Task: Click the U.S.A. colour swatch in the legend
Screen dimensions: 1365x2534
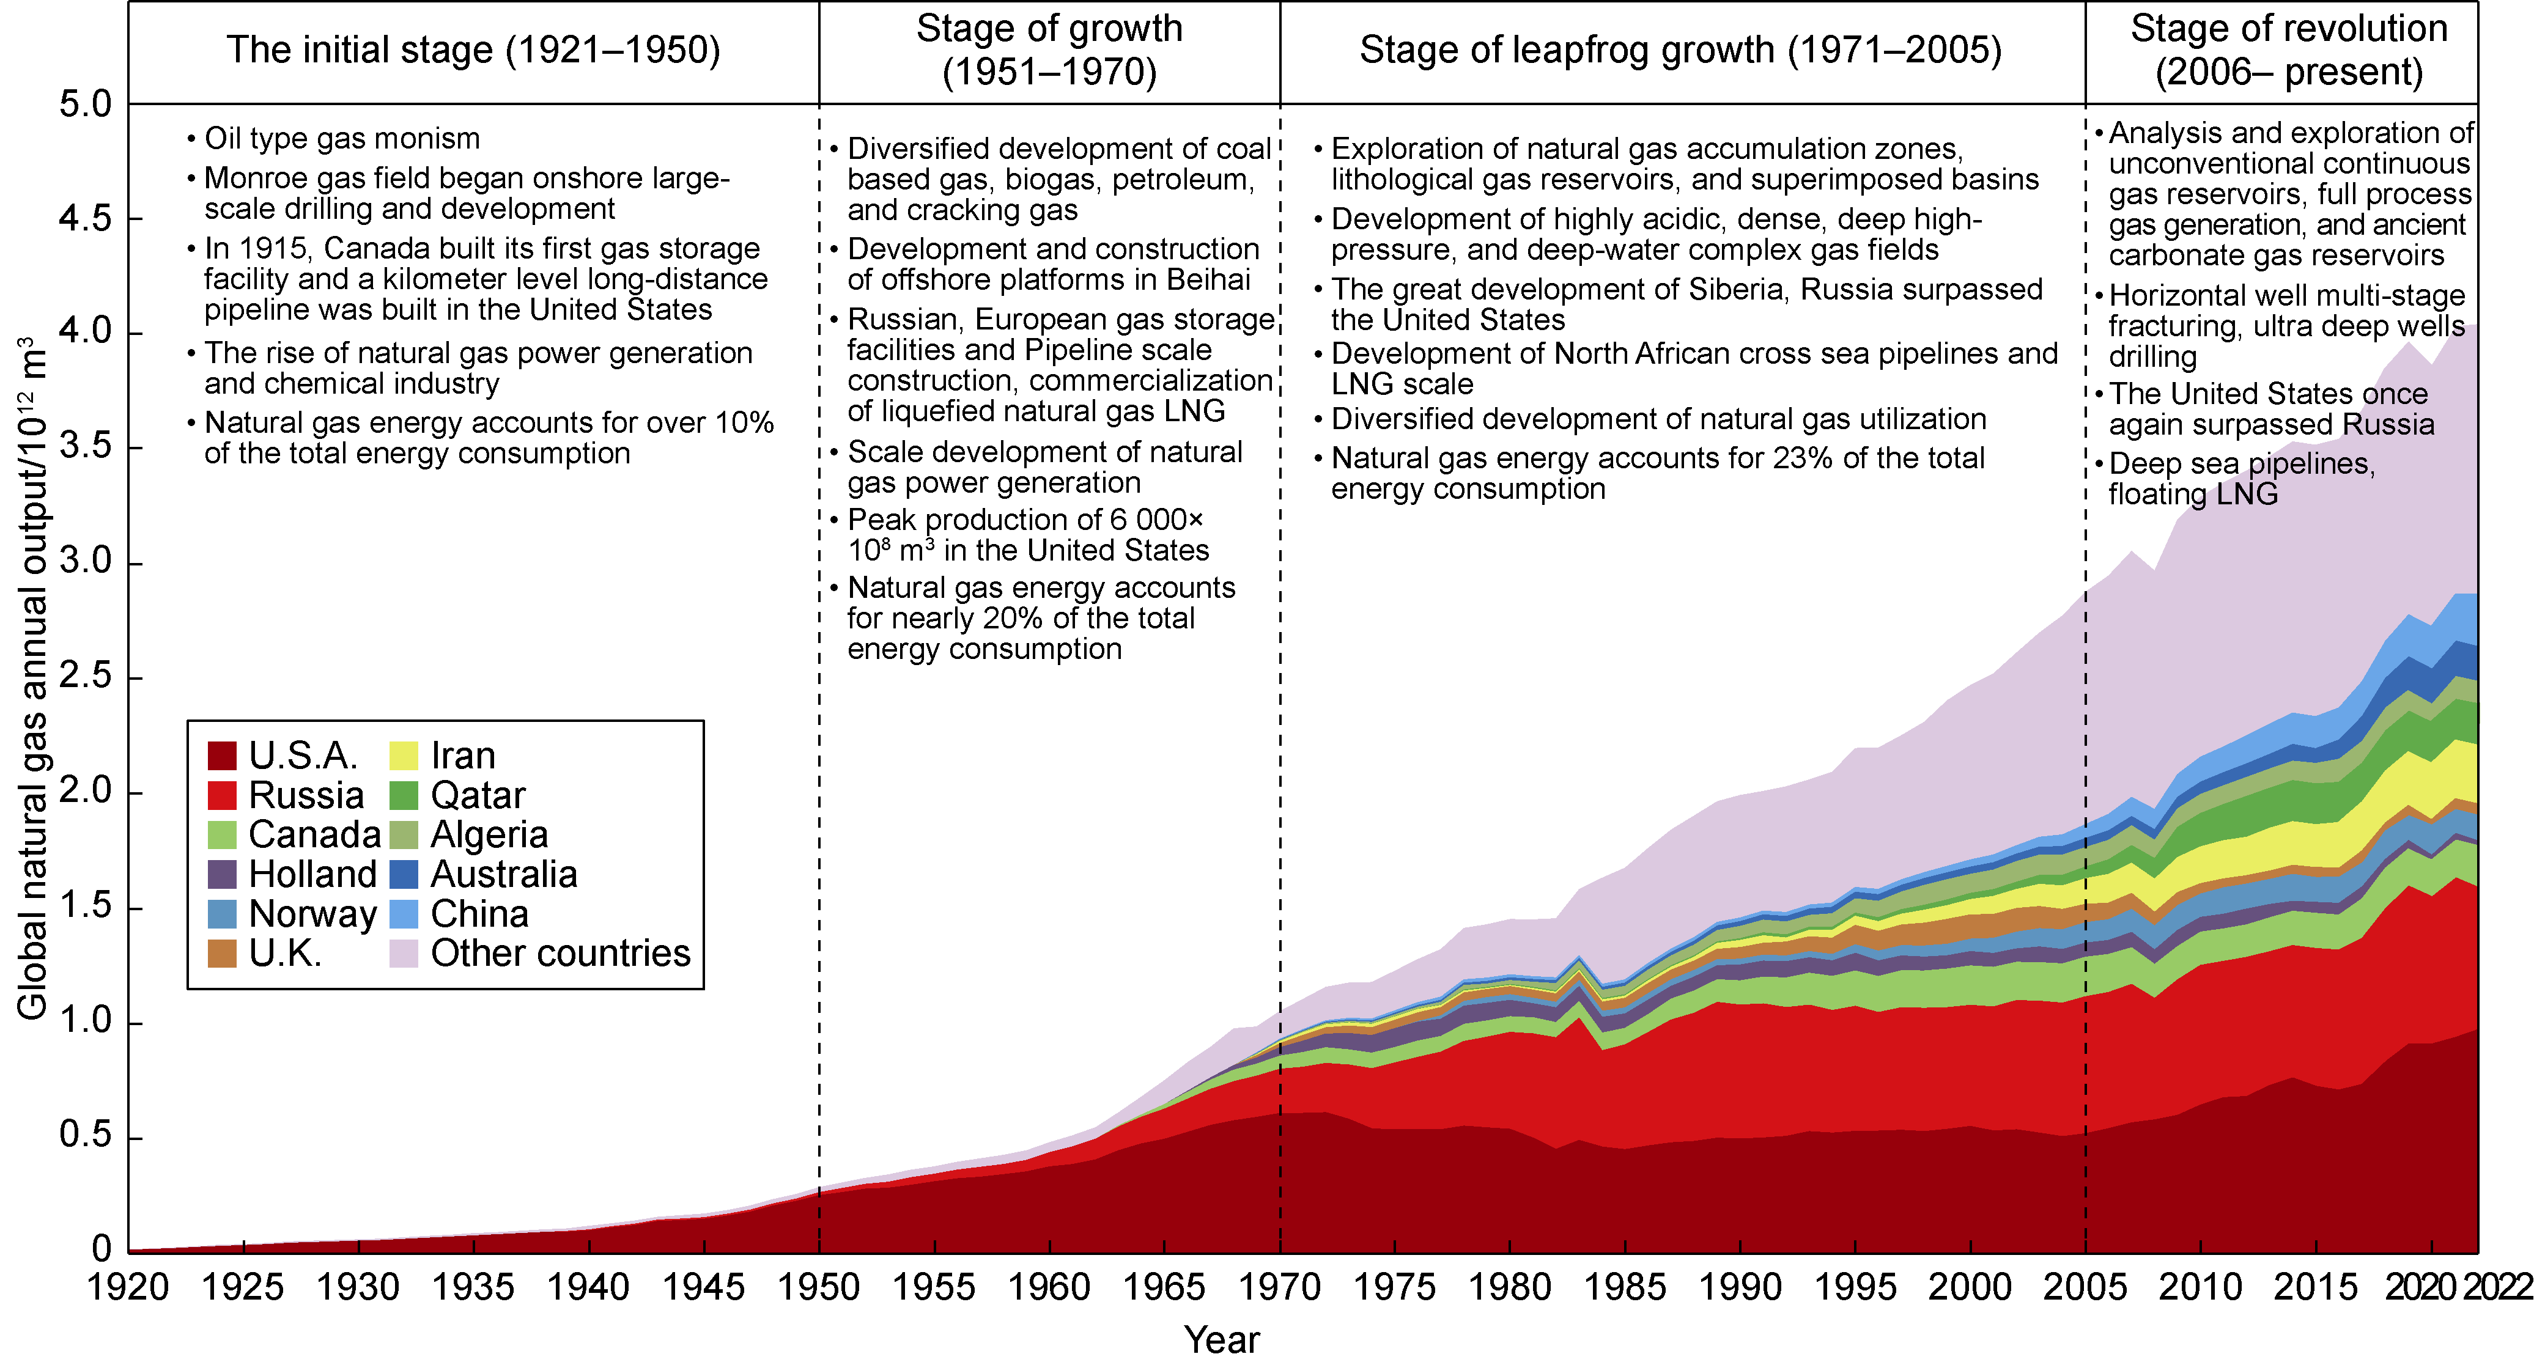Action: coord(223,756)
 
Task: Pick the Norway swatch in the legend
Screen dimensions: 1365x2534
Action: coord(223,914)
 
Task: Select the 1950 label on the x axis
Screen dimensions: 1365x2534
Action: coord(818,1287)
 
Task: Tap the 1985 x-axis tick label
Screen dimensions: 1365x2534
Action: coord(1625,1287)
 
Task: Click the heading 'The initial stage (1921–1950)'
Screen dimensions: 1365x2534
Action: coord(473,50)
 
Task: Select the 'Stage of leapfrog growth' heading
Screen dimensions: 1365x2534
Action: coord(1680,50)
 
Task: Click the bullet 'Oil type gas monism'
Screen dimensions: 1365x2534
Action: coord(341,139)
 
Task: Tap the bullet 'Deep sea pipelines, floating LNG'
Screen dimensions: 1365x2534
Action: coord(2241,479)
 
